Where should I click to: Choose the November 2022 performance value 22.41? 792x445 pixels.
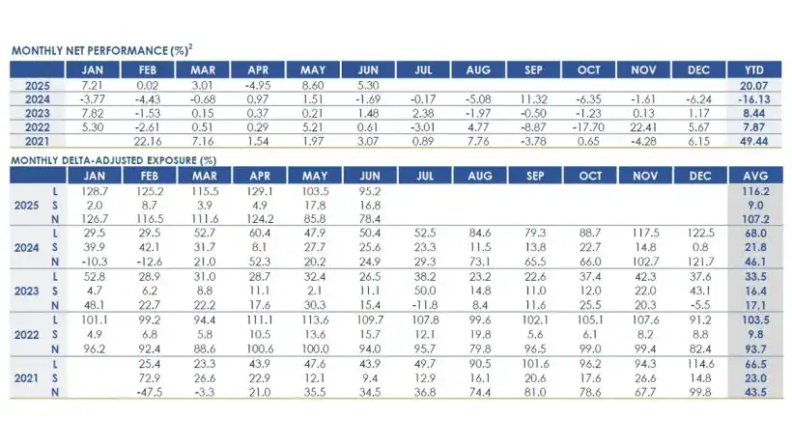tap(641, 126)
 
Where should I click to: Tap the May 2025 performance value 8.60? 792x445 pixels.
tap(315, 85)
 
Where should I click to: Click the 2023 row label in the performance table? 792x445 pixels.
tap(37, 112)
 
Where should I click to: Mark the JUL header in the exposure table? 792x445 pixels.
tap(423, 176)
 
